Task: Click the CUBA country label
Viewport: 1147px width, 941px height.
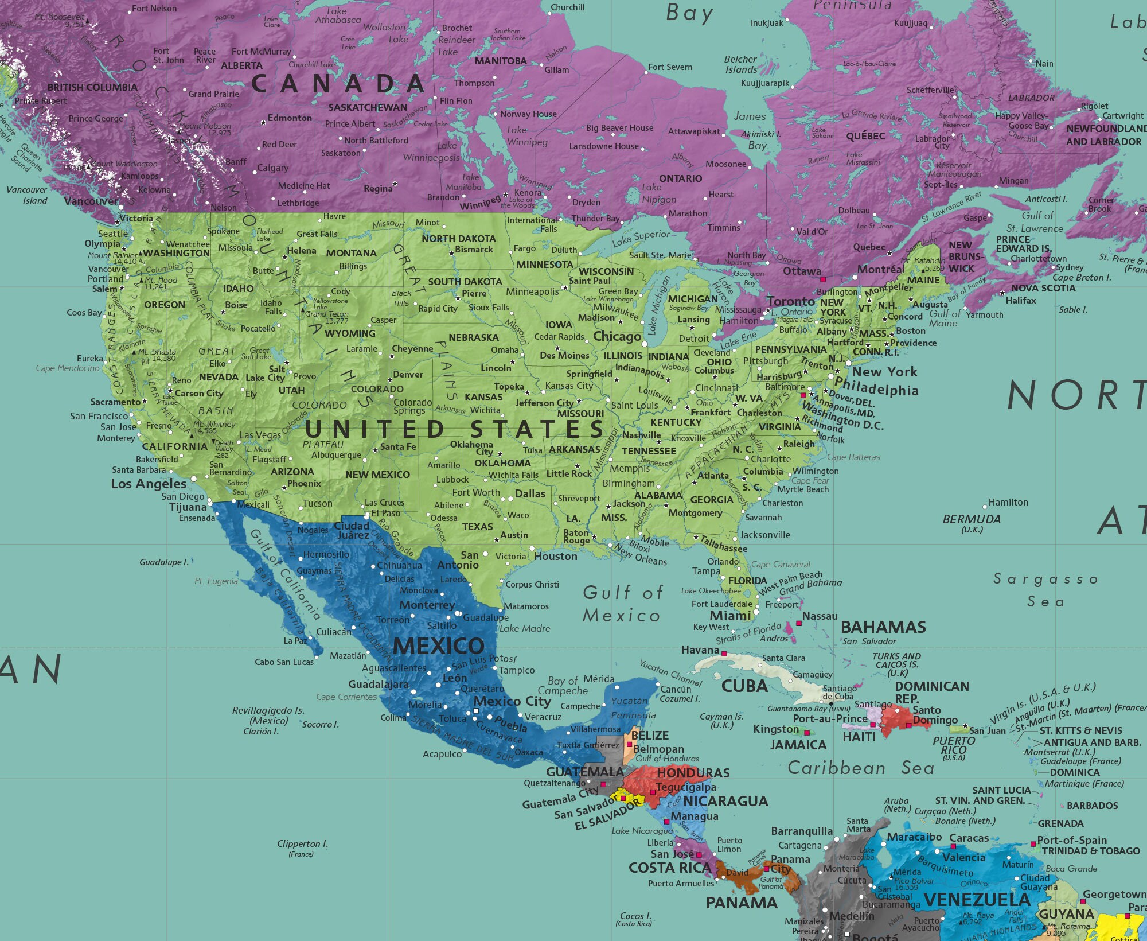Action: click(x=744, y=686)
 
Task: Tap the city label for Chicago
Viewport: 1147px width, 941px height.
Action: click(x=617, y=337)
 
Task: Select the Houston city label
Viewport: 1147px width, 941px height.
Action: click(x=555, y=557)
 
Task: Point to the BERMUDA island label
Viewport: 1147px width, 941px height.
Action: click(x=972, y=519)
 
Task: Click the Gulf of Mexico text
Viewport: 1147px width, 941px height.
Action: click(x=622, y=604)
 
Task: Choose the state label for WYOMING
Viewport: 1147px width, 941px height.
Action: click(x=350, y=333)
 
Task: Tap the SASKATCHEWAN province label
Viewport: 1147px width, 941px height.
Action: click(x=368, y=107)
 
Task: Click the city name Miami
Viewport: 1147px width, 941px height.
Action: click(x=730, y=616)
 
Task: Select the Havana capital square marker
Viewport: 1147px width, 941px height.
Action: click(x=724, y=654)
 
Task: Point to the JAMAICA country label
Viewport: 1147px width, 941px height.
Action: click(x=798, y=745)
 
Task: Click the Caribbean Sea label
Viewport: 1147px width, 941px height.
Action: click(x=860, y=768)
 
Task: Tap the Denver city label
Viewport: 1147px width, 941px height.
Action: click(x=408, y=375)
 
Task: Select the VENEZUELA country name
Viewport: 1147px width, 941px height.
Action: click(x=977, y=899)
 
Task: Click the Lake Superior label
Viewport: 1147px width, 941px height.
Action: click(x=641, y=238)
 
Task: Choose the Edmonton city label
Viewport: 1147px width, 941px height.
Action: click(x=290, y=118)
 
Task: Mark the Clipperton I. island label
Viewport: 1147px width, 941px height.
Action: click(x=302, y=844)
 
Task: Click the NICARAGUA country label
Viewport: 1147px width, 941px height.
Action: click(x=725, y=801)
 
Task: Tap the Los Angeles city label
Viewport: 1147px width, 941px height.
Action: click(x=149, y=484)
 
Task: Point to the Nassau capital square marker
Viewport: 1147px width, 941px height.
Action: click(x=799, y=623)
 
